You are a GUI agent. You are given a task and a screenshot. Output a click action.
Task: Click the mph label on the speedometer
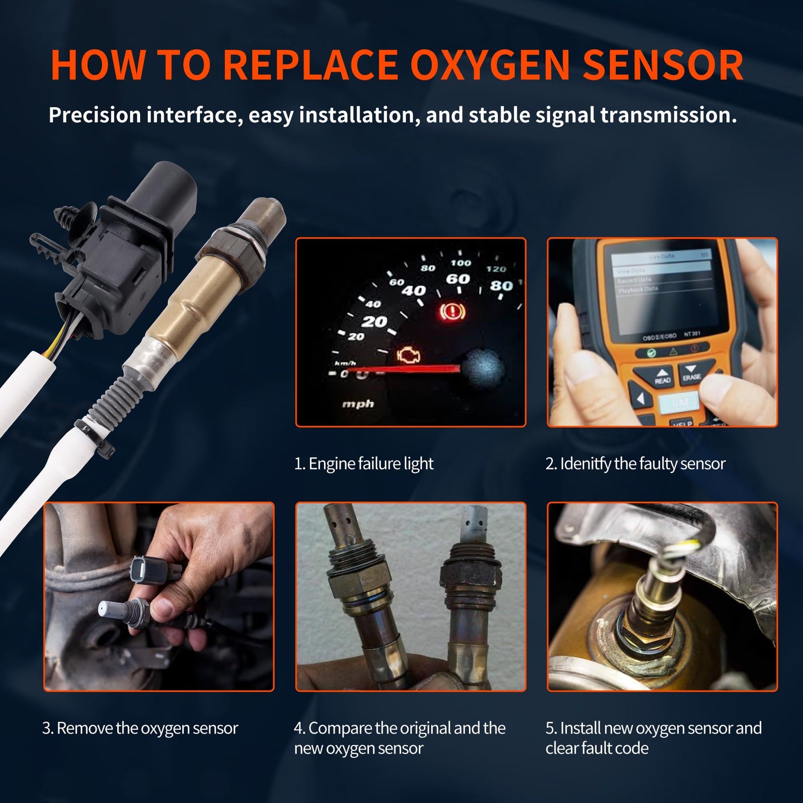(358, 404)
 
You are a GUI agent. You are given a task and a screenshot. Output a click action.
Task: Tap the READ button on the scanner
(662, 377)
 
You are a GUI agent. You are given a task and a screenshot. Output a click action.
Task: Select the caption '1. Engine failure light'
(363, 463)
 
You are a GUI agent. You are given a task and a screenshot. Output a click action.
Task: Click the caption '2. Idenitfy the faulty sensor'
(635, 463)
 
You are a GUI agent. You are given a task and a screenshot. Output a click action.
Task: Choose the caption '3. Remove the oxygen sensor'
(140, 728)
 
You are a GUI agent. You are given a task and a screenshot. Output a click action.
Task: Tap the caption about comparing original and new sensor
(399, 737)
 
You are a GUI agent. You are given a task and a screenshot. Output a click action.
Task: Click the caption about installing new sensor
(653, 737)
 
